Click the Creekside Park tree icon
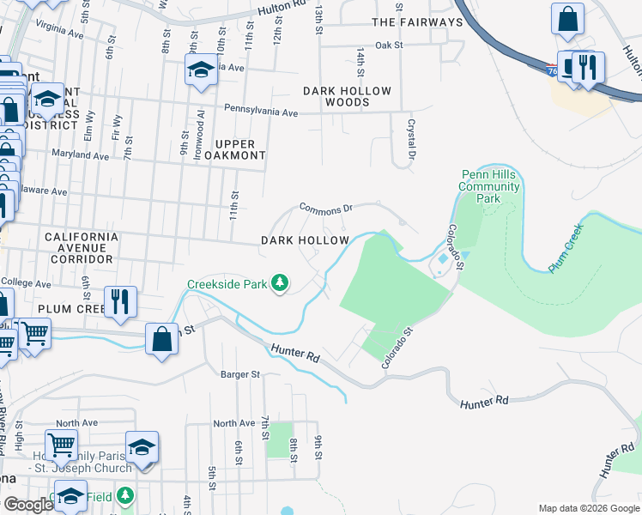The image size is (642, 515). click(x=279, y=282)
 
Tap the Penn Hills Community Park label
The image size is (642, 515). click(x=489, y=186)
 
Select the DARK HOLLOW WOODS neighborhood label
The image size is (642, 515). click(x=347, y=96)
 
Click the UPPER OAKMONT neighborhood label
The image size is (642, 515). click(x=227, y=149)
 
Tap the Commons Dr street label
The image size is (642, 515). click(x=326, y=208)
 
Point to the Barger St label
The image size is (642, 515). click(x=239, y=374)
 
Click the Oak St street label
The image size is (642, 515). click(x=388, y=45)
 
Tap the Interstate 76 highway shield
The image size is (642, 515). click(x=549, y=71)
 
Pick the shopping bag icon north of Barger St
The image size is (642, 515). click(x=161, y=338)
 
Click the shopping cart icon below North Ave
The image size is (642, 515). click(x=61, y=445)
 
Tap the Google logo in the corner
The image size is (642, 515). click(x=28, y=505)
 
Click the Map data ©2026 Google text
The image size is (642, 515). click(x=589, y=508)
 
